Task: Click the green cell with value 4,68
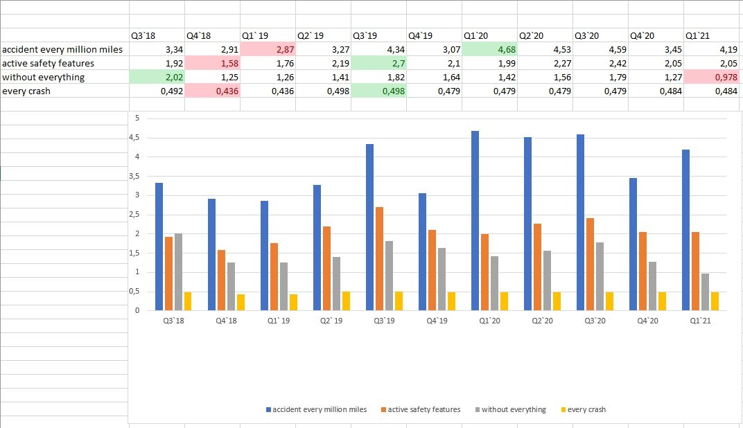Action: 489,50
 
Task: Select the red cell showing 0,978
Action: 711,78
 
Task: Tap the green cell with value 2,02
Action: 157,78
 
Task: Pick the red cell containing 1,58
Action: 212,64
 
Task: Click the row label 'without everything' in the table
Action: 43,78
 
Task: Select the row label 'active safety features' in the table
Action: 48,64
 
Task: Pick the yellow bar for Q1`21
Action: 715,301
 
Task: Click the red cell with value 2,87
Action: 268,50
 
